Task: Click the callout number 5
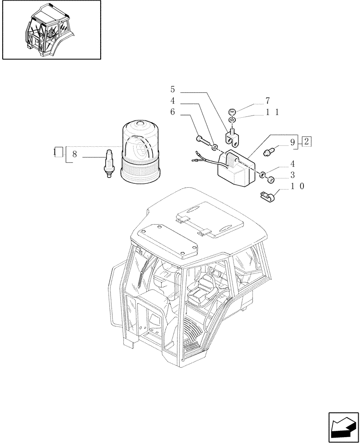click(172, 89)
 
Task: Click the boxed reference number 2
click(307, 142)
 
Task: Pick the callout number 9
click(292, 143)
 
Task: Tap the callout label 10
click(297, 186)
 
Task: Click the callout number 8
click(74, 154)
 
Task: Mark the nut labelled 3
click(270, 180)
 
